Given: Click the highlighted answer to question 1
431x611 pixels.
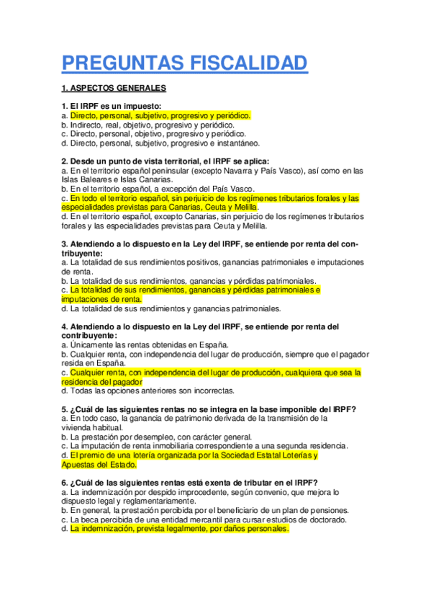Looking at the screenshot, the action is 159,115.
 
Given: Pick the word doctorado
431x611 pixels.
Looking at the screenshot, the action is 327,519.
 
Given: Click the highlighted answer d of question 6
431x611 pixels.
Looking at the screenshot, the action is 179,529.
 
